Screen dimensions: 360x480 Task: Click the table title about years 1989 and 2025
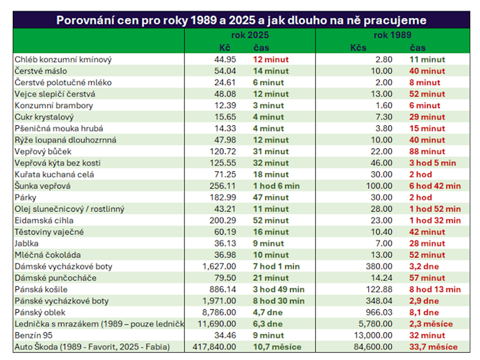point(240,20)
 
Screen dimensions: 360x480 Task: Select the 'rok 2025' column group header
point(246,35)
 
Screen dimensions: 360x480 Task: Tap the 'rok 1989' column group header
point(392,35)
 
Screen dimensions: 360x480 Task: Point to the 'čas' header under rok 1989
point(418,47)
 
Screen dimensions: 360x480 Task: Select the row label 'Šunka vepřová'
point(42,186)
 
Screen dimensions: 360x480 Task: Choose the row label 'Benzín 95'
point(33,336)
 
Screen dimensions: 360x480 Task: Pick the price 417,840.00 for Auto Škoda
point(213,347)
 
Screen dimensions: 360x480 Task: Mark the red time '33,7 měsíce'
point(433,347)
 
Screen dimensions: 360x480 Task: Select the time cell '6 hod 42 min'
point(435,186)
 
